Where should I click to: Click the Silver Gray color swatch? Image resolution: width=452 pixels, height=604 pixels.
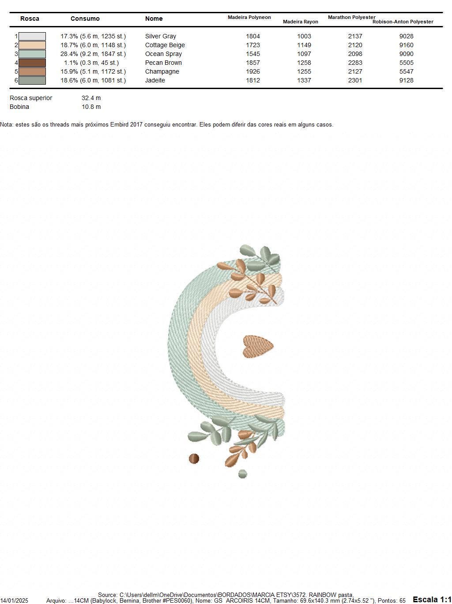coord(32,36)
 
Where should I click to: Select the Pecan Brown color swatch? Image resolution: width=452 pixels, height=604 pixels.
coord(32,63)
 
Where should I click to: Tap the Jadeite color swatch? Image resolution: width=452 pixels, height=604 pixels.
coord(32,80)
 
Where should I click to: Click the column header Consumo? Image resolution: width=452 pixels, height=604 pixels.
coord(85,19)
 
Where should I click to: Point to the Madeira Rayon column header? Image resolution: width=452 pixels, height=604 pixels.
coord(300,22)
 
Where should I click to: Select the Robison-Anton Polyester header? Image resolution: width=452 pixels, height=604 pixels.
coord(403,22)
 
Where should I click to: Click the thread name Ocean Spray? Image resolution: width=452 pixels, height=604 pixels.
coord(163,54)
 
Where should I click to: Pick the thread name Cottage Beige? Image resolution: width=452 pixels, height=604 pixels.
coord(165,45)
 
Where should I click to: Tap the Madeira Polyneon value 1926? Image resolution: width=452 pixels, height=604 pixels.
coord(252,71)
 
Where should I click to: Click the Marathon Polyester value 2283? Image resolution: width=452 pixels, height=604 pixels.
coord(355,63)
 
